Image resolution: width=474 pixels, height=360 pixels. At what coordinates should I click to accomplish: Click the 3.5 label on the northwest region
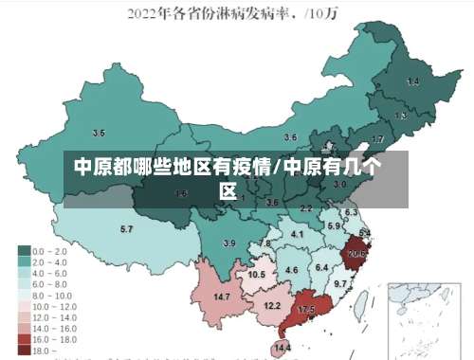pyautogui.click(x=99, y=133)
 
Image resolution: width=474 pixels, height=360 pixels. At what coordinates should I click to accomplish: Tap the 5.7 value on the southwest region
pyautogui.click(x=126, y=229)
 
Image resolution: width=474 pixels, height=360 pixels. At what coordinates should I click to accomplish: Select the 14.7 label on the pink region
pyautogui.click(x=222, y=297)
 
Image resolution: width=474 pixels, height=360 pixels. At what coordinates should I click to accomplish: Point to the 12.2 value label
pyautogui.click(x=272, y=306)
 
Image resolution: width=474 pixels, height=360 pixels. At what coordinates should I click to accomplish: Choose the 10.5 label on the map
pyautogui.click(x=257, y=275)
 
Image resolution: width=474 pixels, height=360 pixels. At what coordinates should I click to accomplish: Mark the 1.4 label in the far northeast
pyautogui.click(x=412, y=81)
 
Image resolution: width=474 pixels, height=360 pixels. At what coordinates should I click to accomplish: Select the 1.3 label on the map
pyautogui.click(x=401, y=116)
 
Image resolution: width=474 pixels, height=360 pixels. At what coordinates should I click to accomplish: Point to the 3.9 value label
pyautogui.click(x=228, y=243)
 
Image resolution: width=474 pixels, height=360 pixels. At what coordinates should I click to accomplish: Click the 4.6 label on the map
pyautogui.click(x=291, y=271)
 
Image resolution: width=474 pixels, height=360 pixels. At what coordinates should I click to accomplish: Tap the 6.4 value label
pyautogui.click(x=321, y=268)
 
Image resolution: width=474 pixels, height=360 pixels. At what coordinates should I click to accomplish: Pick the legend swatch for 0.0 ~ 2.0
pyautogui.click(x=23, y=251)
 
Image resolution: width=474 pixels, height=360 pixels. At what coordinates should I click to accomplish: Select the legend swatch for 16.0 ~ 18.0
pyautogui.click(x=23, y=339)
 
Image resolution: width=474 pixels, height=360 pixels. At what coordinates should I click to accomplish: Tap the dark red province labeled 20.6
pyautogui.click(x=356, y=254)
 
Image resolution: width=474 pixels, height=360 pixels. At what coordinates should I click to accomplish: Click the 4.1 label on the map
pyautogui.click(x=297, y=234)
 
